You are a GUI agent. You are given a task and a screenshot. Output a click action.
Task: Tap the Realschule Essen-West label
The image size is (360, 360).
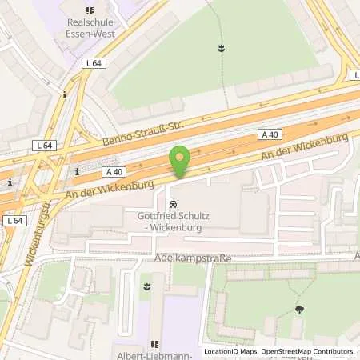click(x=90, y=29)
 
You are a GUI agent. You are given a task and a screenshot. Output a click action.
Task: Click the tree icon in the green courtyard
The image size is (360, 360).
click(x=299, y=309)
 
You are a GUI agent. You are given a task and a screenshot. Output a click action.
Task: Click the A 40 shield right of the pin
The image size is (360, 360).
click(x=270, y=135)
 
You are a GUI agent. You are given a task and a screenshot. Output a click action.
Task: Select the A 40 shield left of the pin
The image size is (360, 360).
click(x=113, y=170)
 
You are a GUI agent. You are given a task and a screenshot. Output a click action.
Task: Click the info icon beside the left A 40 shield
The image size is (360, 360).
click(x=76, y=171)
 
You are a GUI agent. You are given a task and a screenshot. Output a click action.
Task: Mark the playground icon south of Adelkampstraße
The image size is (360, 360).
click(x=146, y=284)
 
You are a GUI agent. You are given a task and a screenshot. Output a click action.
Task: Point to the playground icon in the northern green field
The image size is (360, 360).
click(x=219, y=49)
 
